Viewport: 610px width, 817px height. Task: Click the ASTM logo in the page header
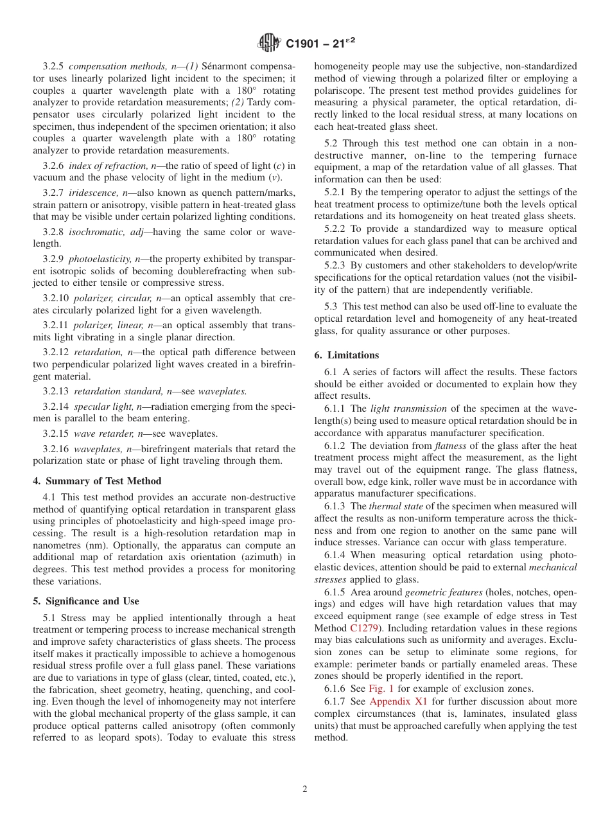click(x=269, y=44)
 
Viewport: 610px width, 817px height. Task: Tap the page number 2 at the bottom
click(x=305, y=789)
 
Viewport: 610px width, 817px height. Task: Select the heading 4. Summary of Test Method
click(x=97, y=481)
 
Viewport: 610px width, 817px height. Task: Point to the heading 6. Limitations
click(x=347, y=355)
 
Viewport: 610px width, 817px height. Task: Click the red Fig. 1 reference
click(x=381, y=689)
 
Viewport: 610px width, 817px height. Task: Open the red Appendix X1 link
click(x=398, y=701)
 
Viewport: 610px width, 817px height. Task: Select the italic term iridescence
click(x=92, y=193)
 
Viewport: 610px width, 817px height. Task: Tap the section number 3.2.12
click(x=57, y=353)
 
